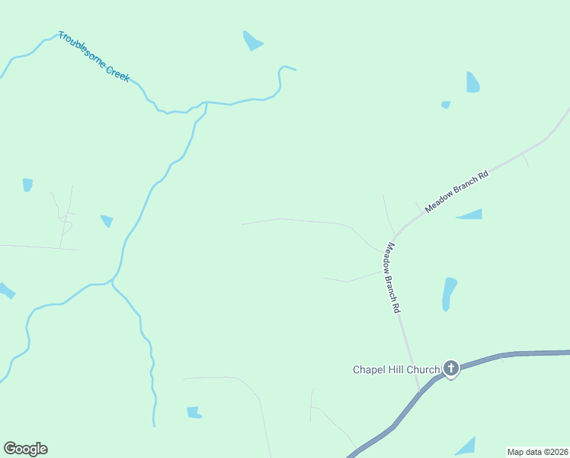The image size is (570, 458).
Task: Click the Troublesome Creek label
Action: pyautogui.click(x=94, y=57)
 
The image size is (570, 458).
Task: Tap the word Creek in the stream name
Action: pyautogui.click(x=117, y=70)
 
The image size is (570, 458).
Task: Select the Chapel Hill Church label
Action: pyautogui.click(x=396, y=370)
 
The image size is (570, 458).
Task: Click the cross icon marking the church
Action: pyautogui.click(x=451, y=369)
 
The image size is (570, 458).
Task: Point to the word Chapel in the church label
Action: pyautogui.click(x=369, y=370)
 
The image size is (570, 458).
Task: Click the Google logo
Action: pyautogui.click(x=25, y=449)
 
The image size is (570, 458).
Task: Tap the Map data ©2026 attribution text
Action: pyautogui.click(x=537, y=452)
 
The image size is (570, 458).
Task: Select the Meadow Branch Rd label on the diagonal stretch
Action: pyautogui.click(x=456, y=191)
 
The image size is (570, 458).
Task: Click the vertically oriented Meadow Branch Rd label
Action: pyautogui.click(x=392, y=279)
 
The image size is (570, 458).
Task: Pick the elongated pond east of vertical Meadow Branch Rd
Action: pyautogui.click(x=449, y=293)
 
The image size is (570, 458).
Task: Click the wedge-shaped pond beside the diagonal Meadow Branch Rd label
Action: pyautogui.click(x=472, y=214)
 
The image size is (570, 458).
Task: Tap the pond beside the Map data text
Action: pyautogui.click(x=466, y=447)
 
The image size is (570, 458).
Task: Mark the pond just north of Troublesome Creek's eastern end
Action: pyautogui.click(x=252, y=41)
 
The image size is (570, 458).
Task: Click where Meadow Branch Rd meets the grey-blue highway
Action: pyautogui.click(x=420, y=392)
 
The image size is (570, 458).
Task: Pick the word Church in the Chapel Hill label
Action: pyautogui.click(x=423, y=370)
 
